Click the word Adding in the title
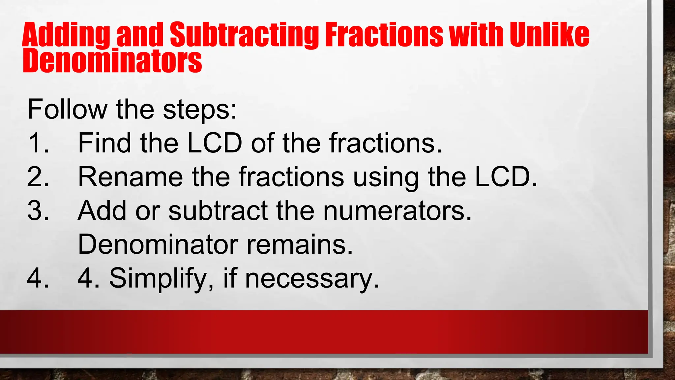pos(66,35)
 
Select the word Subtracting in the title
pos(244,35)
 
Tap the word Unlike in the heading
pos(549,35)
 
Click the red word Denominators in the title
pos(112,61)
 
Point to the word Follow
pos(67,109)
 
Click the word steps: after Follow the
pos(200,110)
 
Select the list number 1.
pos(38,143)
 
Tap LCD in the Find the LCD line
pos(215,143)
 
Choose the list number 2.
pos(38,177)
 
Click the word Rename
pos(130,177)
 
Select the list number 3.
pos(38,211)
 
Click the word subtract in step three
pos(218,211)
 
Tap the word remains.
pos(300,244)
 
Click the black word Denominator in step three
pos(158,244)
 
